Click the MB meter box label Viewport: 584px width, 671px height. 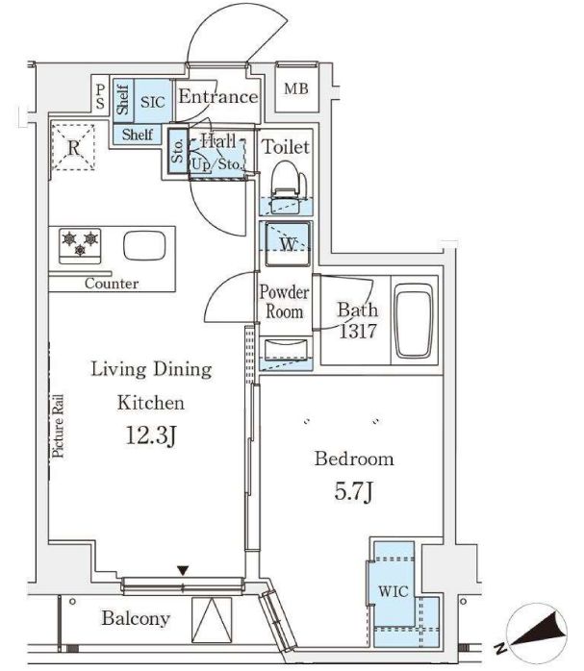[x=296, y=89]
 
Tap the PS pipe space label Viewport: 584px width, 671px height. [x=100, y=96]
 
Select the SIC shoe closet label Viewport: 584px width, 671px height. [x=152, y=102]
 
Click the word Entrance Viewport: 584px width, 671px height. [x=218, y=96]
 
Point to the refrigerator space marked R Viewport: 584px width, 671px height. [x=73, y=147]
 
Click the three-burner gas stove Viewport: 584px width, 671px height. [x=80, y=246]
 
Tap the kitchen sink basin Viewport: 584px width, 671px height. [x=144, y=246]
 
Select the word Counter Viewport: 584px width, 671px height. [x=112, y=284]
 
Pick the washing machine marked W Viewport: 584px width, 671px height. [x=288, y=244]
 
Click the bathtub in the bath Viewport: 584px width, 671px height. [x=414, y=320]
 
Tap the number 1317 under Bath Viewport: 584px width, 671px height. [x=358, y=331]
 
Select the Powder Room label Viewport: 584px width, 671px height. [x=284, y=302]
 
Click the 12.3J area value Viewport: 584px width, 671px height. [x=152, y=436]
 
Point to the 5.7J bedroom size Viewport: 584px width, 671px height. [x=354, y=491]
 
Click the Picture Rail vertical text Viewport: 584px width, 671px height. [x=58, y=426]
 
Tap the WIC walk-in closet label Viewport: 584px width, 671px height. [x=394, y=591]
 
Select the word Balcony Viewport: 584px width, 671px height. [x=136, y=619]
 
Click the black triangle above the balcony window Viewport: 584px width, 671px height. [x=183, y=570]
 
